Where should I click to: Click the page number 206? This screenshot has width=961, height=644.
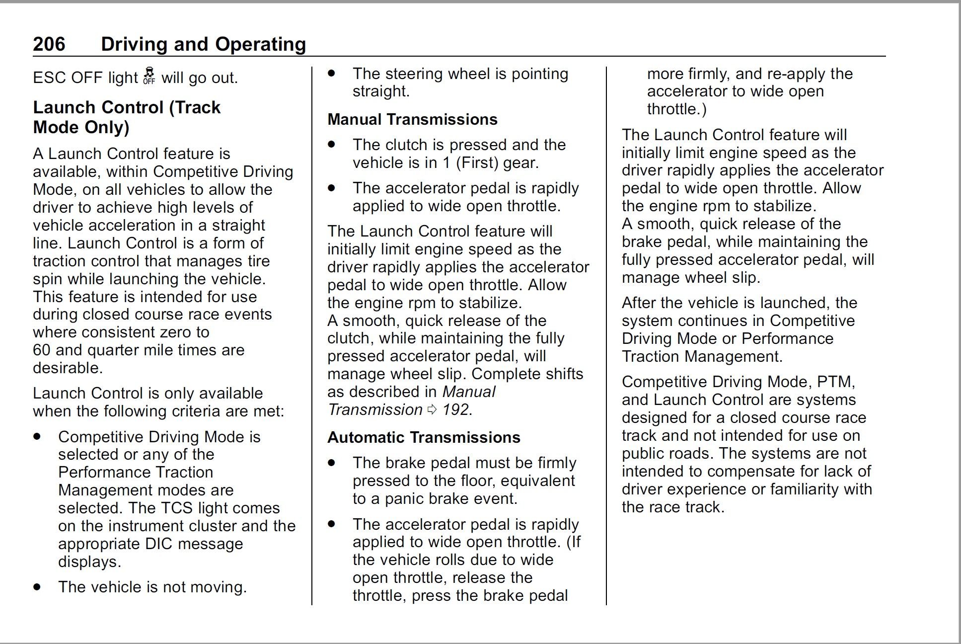(x=49, y=44)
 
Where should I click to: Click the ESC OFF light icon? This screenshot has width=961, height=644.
(x=149, y=76)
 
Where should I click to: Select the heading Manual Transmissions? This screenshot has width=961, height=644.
(x=412, y=119)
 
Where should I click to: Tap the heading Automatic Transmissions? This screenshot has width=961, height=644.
(x=424, y=437)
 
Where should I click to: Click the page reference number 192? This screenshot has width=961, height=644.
(x=455, y=410)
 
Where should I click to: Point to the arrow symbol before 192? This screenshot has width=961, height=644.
(x=432, y=410)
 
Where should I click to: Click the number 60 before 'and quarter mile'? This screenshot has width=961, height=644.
(x=42, y=350)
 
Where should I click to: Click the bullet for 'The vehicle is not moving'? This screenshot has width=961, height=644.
(x=37, y=587)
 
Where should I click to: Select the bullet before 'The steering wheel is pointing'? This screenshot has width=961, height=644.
(x=332, y=74)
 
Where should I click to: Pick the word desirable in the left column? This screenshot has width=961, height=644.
(x=67, y=368)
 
